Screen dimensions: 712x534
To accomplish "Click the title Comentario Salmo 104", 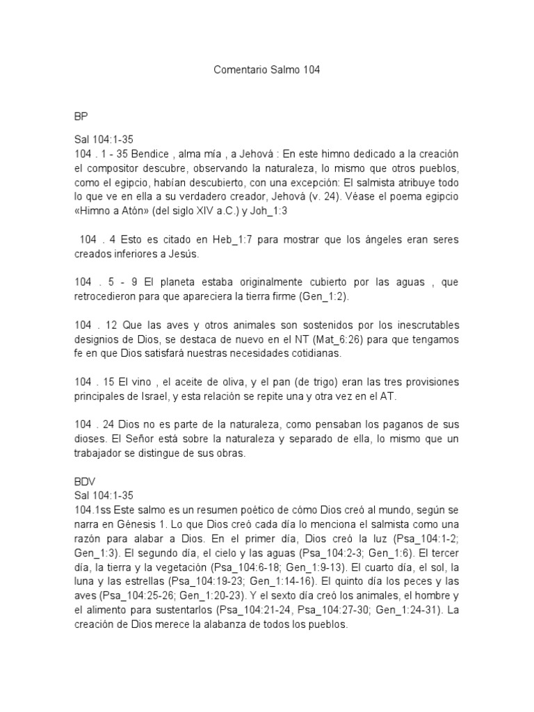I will point(266,70).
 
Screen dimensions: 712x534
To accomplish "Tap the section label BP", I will point(81,115).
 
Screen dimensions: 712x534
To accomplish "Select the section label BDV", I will point(85,481).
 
